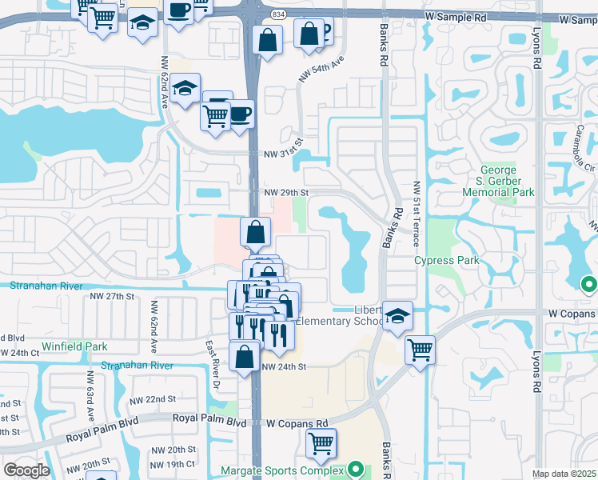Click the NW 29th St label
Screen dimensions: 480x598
point(285,193)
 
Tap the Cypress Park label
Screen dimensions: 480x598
point(447,261)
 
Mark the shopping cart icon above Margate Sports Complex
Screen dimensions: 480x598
point(321,442)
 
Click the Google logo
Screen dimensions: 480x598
point(26,470)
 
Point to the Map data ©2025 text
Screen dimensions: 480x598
point(563,474)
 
